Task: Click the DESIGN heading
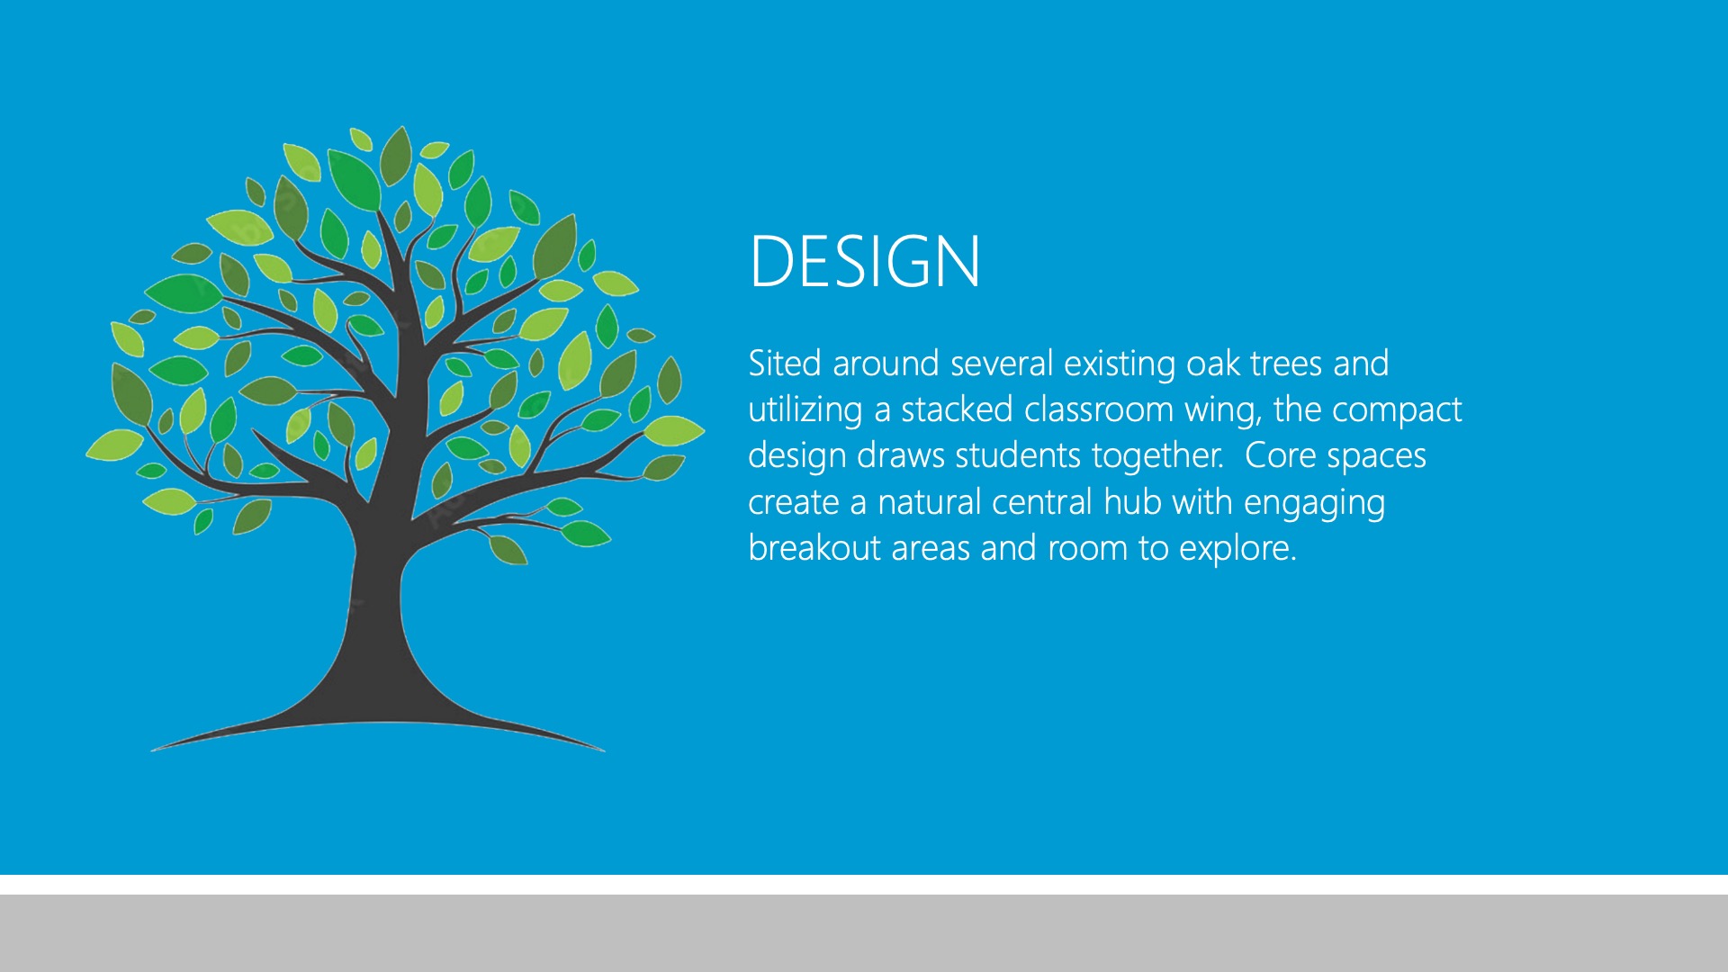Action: click(x=864, y=261)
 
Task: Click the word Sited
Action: click(x=785, y=363)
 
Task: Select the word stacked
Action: click(x=957, y=409)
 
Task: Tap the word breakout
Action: click(x=814, y=548)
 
